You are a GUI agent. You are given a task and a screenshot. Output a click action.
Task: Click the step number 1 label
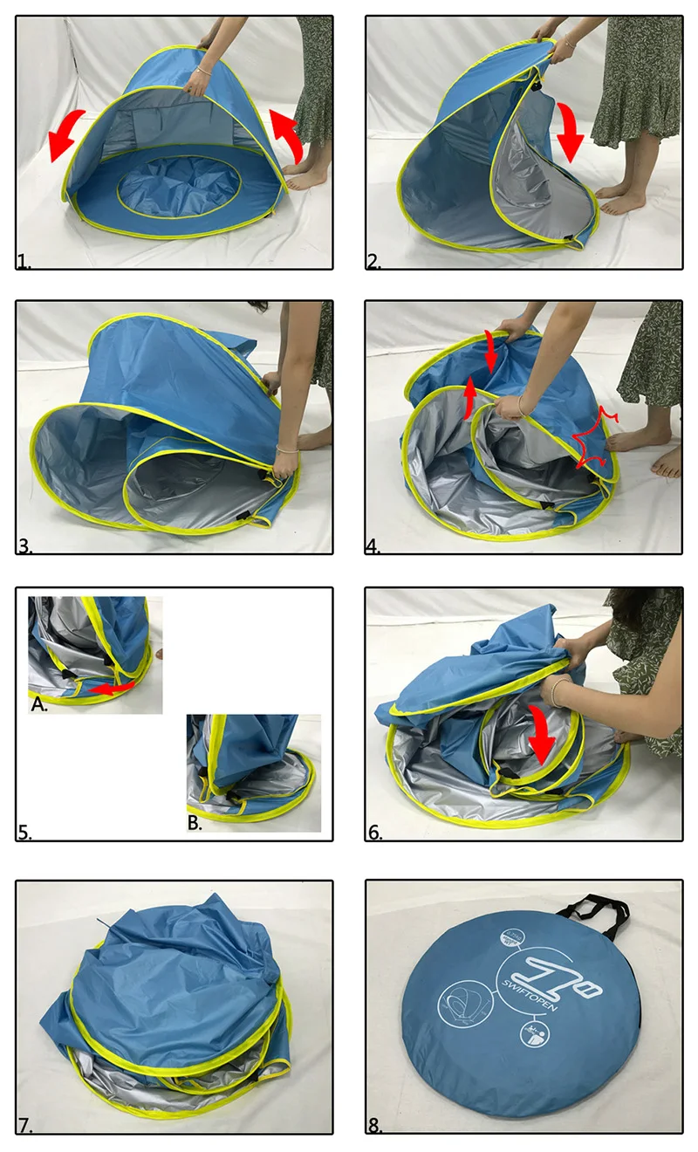point(24,260)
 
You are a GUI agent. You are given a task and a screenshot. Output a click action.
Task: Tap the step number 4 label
point(374,546)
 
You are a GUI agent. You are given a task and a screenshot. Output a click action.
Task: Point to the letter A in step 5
point(38,705)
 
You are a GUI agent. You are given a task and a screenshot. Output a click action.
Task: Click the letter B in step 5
point(196,823)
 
